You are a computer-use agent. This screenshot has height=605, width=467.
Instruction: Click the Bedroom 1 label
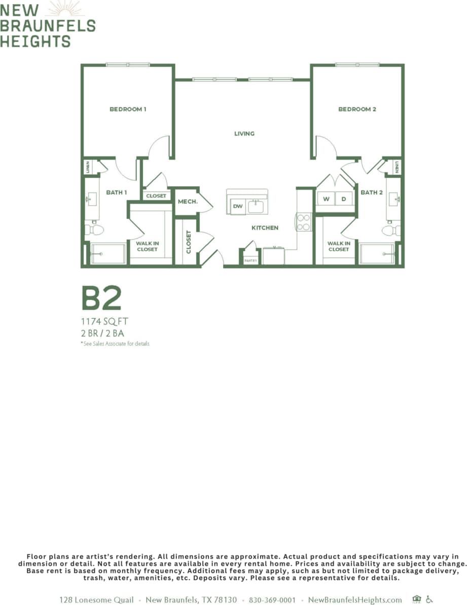pos(128,109)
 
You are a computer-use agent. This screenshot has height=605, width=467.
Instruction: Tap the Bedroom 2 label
pos(357,109)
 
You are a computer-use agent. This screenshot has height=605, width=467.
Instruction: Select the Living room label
pos(244,134)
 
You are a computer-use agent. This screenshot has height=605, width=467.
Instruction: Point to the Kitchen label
pos(265,228)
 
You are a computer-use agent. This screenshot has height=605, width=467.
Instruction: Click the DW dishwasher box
pos(238,206)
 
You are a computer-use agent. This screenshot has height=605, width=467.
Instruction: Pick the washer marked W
pos(326,199)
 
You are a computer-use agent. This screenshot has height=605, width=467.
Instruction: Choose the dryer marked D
pos(344,199)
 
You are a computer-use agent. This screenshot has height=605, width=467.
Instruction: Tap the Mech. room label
pos(187,202)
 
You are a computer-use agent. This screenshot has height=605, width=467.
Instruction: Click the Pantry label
pos(250,260)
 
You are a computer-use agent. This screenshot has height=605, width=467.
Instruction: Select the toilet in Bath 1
pos(95,230)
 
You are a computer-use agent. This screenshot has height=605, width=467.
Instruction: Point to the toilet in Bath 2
pos(391,231)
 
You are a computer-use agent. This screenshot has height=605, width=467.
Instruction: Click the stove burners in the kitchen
pos(303,222)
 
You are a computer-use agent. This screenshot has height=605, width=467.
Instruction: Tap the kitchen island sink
pos(256,206)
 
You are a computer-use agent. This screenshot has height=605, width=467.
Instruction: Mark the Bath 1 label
pos(116,193)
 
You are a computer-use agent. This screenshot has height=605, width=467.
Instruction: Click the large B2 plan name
pos(101,298)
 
